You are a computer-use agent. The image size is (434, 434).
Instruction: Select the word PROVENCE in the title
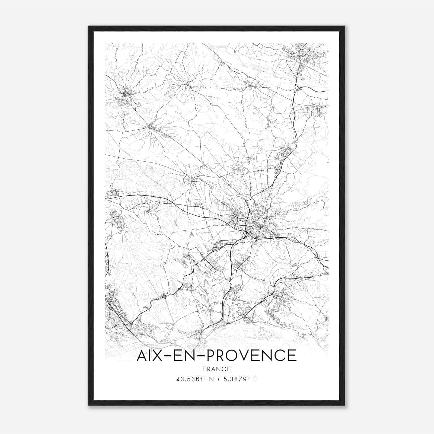coord(252,356)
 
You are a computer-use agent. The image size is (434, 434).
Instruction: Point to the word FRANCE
coord(217,369)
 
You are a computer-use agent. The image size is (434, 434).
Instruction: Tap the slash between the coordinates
coord(218,379)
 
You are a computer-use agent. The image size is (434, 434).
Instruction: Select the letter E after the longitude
coord(255,379)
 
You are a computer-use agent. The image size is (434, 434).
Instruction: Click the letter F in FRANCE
coord(204,369)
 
